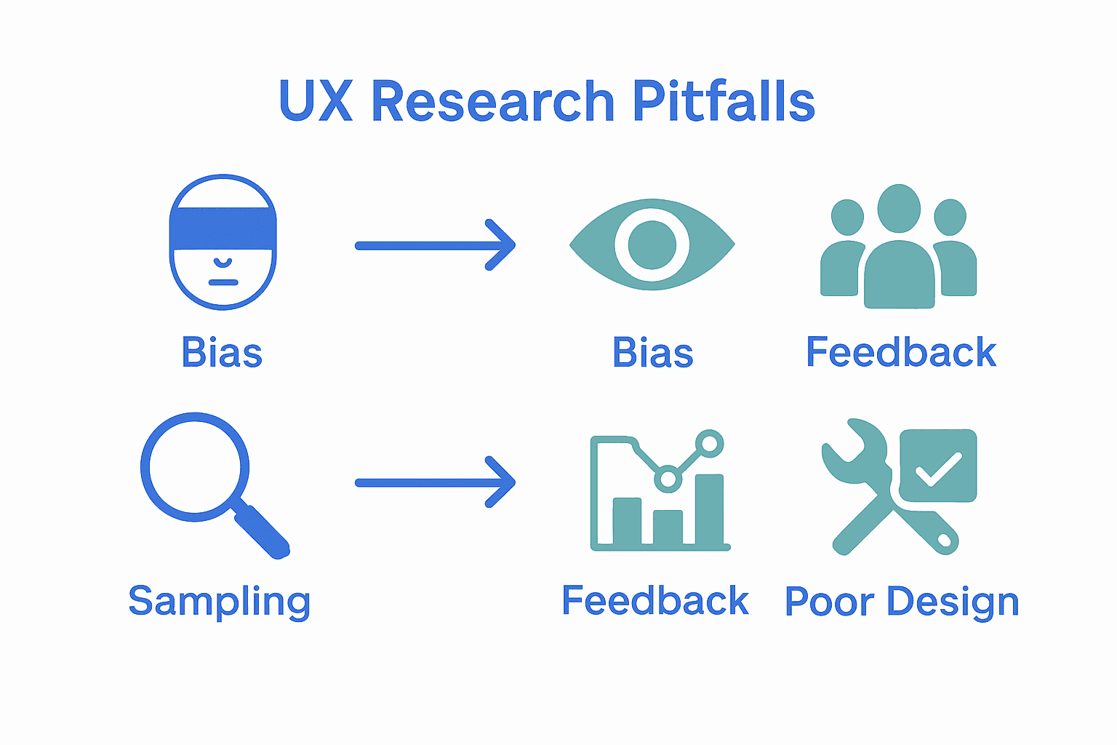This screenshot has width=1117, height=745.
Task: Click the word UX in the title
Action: (x=315, y=101)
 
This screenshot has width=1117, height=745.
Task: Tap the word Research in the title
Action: (x=492, y=101)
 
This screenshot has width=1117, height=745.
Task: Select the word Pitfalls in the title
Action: (x=724, y=101)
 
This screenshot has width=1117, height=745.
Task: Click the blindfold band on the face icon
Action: (x=223, y=228)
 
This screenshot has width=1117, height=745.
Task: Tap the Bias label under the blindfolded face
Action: (x=222, y=353)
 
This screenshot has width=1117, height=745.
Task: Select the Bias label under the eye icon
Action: (x=652, y=353)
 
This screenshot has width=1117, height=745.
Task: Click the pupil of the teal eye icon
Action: (x=652, y=244)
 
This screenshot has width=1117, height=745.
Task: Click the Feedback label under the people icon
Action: (x=900, y=353)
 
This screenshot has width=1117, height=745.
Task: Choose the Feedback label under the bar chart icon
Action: (x=654, y=601)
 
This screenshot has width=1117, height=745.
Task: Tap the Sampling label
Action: (x=219, y=602)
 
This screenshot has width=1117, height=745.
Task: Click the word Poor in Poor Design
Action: (x=830, y=602)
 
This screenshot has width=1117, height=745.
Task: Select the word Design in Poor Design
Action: (x=953, y=602)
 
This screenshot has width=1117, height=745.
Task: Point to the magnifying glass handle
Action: (x=263, y=531)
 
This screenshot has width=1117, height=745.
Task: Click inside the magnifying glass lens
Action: (x=195, y=466)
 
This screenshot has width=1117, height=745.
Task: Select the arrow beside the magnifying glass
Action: (x=434, y=482)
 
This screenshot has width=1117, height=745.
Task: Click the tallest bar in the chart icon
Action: (x=709, y=509)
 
